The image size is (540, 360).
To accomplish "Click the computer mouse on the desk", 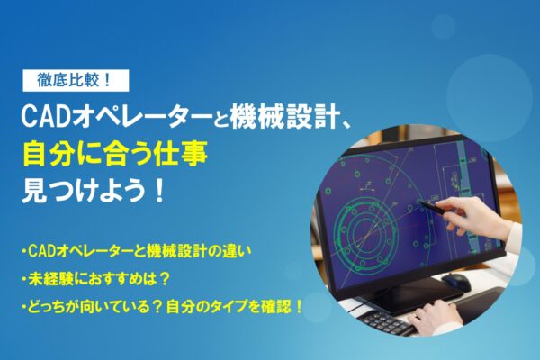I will (x=456, y=282).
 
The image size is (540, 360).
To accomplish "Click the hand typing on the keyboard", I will (x=442, y=315).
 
